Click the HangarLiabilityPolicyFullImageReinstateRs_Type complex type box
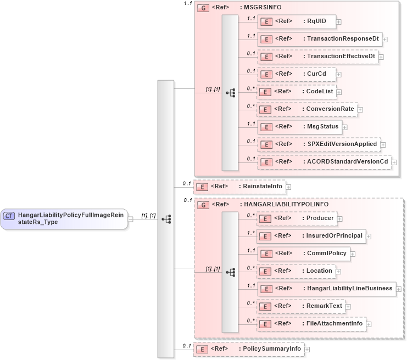pos(64,219)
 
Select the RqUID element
pos(297,21)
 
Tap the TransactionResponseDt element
pos(320,39)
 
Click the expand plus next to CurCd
pos(339,74)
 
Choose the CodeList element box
pos(297,92)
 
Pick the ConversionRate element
pos(307,109)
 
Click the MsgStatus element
pos(300,127)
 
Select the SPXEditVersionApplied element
pos(319,144)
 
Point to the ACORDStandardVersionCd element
pos(325,162)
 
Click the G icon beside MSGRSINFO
pos(202,9)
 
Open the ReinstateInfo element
pos(239,187)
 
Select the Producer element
pos(297,218)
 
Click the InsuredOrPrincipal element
pos(311,236)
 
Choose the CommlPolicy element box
pos(304,254)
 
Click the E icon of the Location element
pos(266,271)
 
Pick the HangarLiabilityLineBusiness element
pos(327,288)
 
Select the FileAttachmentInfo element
pos(311,324)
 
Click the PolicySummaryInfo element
pos(249,349)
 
